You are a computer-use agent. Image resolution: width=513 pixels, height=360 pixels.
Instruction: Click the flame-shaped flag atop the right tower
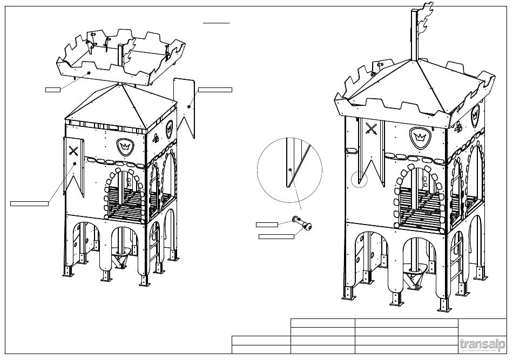(425, 22)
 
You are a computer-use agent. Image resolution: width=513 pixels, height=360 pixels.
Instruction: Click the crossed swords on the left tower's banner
(75, 151)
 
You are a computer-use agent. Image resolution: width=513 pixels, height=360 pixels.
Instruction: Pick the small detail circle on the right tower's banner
(359, 179)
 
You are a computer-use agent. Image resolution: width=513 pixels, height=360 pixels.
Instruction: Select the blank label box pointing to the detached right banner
(215, 89)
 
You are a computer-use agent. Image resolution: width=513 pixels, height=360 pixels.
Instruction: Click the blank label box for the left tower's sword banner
(29, 203)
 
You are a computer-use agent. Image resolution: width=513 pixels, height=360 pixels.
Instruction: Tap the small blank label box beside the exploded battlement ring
(52, 89)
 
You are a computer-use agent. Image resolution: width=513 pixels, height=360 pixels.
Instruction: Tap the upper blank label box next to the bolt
(267, 224)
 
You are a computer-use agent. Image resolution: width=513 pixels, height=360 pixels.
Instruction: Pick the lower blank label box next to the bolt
(276, 236)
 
